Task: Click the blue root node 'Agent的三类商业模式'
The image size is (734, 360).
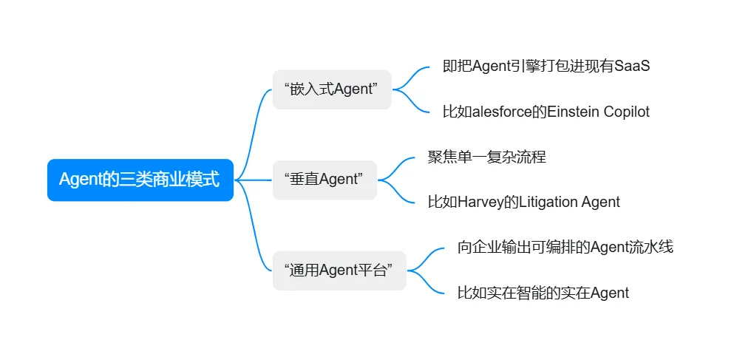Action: click(x=140, y=180)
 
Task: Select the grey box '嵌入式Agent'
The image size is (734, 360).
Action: click(x=331, y=89)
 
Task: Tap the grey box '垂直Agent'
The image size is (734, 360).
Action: click(x=324, y=180)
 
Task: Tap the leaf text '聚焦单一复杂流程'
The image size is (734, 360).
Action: click(x=486, y=157)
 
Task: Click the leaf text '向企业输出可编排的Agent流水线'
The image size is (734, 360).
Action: click(x=565, y=247)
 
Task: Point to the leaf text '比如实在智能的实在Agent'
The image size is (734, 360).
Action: click(x=543, y=293)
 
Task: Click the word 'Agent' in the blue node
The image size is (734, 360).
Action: click(x=79, y=180)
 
